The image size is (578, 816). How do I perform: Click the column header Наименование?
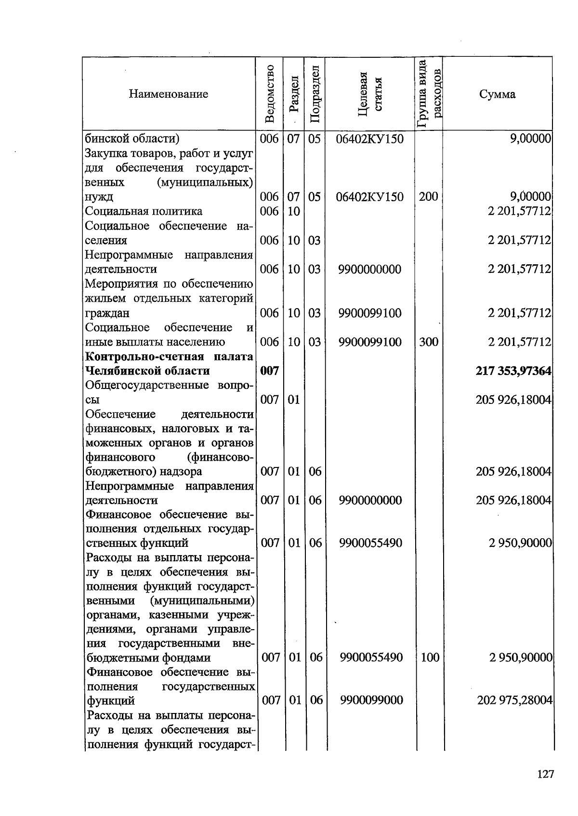(168, 94)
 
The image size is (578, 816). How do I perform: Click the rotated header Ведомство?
(270, 93)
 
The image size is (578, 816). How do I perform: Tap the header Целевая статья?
(370, 93)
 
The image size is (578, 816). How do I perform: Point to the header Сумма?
(497, 94)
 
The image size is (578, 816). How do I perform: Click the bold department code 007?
(269, 371)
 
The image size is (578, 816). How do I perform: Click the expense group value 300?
(429, 342)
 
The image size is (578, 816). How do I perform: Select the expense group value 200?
(429, 196)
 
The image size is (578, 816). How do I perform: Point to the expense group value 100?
(430, 657)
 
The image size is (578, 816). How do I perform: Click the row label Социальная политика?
(144, 211)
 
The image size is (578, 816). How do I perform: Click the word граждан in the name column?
(107, 313)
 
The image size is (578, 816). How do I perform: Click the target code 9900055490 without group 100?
(370, 543)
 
